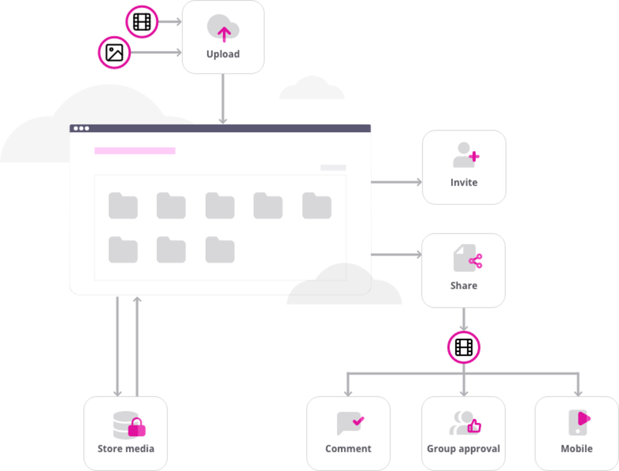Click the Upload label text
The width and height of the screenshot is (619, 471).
pos(223,54)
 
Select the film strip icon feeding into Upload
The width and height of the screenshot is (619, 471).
pos(142,22)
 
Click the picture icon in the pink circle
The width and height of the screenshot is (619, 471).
pos(114,53)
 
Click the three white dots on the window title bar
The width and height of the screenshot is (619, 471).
pos(82,128)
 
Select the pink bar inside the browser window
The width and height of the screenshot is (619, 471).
pos(135,151)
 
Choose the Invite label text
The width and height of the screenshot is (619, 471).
pos(464,182)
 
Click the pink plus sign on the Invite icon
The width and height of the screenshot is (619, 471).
pos(474,157)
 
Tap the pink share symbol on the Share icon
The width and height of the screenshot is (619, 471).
pos(476,261)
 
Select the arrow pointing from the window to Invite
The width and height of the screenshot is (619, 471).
pos(396,182)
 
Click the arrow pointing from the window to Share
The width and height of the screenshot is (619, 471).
pos(396,254)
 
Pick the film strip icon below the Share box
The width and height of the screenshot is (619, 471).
pos(464,348)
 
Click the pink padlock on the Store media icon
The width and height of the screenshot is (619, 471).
pos(136,428)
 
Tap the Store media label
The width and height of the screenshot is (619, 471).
pos(126,449)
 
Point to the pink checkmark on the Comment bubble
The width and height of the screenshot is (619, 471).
pos(358,421)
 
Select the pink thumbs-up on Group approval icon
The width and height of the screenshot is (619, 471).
pos(474,426)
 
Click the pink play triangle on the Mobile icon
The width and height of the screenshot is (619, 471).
pos(583,419)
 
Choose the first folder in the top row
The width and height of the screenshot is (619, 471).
pos(123,205)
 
